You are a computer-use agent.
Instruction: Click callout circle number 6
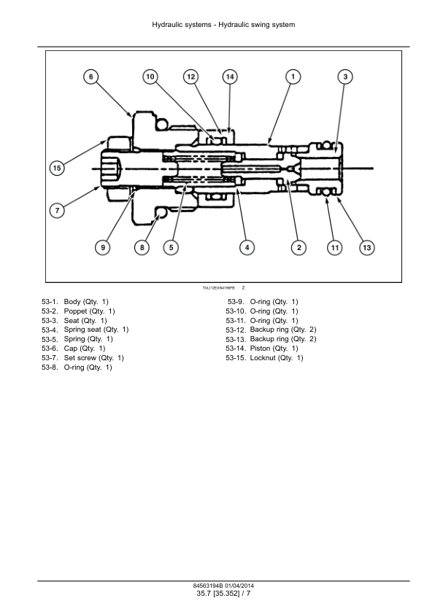(91, 77)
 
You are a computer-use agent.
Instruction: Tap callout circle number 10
(150, 77)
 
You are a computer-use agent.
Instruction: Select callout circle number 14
(230, 77)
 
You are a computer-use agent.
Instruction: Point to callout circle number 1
(293, 77)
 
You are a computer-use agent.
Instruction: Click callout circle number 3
(345, 77)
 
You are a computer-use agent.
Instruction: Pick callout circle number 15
(57, 168)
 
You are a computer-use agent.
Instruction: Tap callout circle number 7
(57, 210)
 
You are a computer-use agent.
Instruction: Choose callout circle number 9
(103, 247)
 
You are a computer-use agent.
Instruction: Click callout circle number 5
(171, 247)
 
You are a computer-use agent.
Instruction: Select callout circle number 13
(367, 247)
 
